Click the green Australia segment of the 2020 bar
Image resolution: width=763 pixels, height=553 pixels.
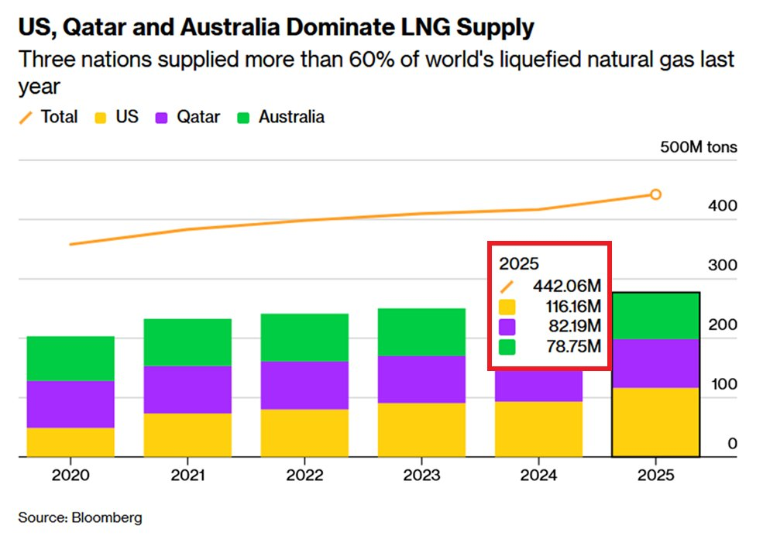coord(70,359)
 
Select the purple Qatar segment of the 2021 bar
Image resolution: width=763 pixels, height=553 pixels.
coord(187,390)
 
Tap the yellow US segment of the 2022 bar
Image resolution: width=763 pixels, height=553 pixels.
coord(304,433)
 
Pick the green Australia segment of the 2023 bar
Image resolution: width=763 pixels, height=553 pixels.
coord(421,332)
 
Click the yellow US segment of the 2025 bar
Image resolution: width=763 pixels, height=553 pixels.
coord(655,422)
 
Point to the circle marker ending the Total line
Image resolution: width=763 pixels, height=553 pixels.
coord(655,194)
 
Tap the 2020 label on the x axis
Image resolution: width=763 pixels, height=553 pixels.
coord(70,475)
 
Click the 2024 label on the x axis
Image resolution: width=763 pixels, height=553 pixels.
coord(538,475)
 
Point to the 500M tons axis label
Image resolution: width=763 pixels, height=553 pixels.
coord(698,147)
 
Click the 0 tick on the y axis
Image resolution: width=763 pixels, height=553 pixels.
coord(732,444)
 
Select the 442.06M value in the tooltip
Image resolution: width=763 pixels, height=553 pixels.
coord(566,285)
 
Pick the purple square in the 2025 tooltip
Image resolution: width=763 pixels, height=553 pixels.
coord(507,325)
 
